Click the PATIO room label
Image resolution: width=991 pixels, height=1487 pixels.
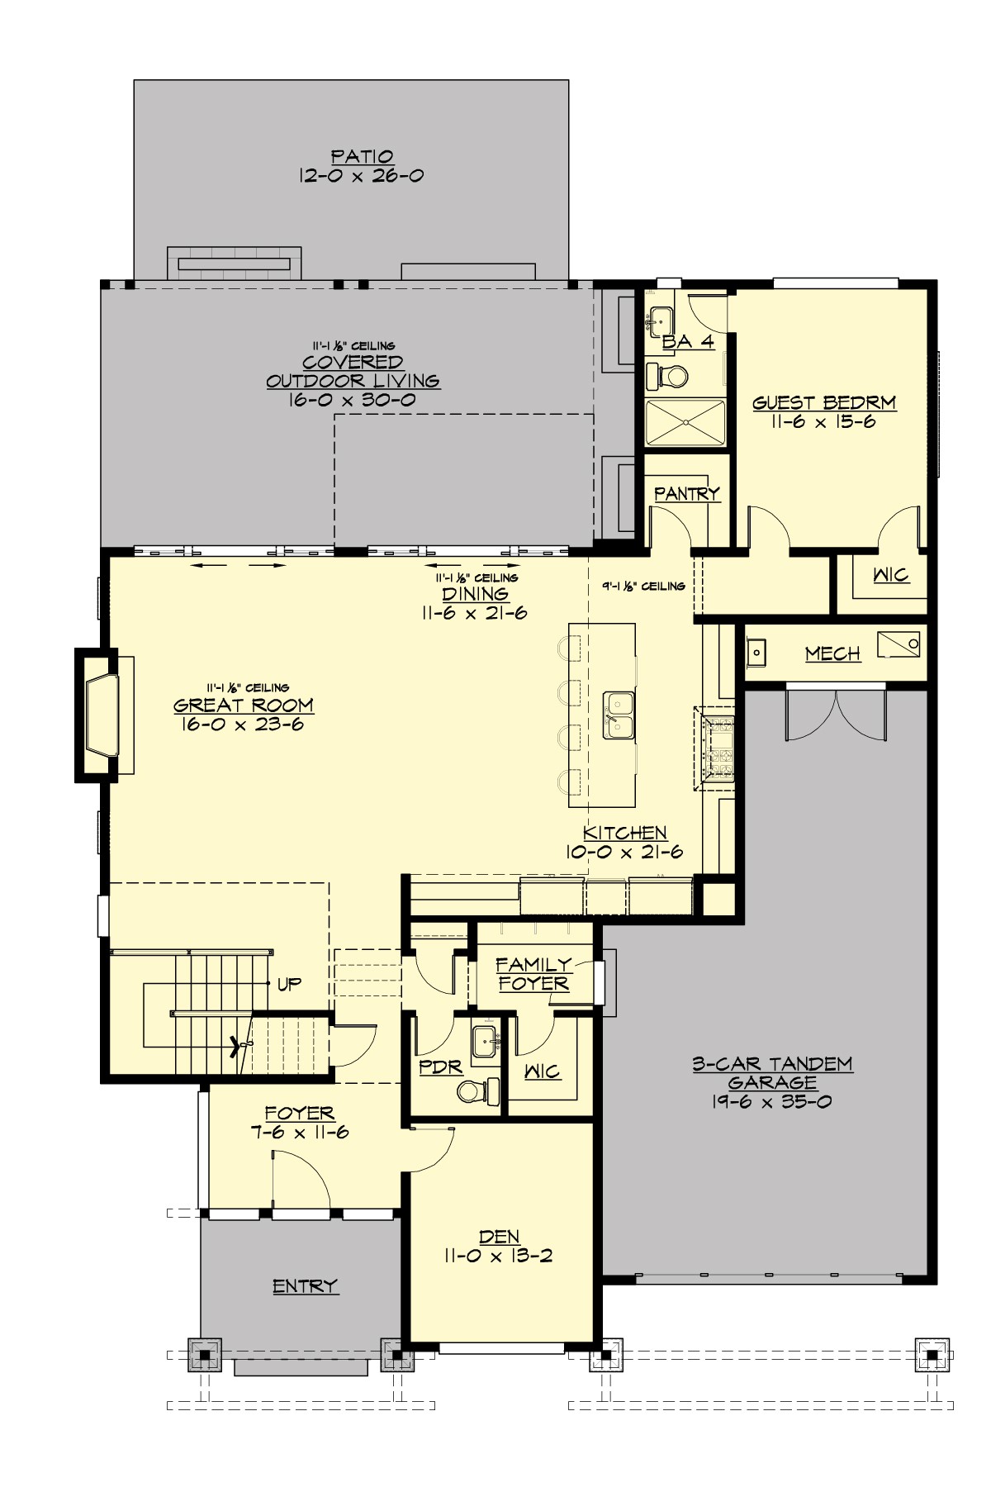pos(362,156)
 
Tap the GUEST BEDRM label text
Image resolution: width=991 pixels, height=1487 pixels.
pos(823,403)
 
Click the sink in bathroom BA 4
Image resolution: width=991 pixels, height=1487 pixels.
pos(661,318)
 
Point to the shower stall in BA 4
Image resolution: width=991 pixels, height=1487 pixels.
pos(685,422)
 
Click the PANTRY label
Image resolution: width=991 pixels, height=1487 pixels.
pos(686,493)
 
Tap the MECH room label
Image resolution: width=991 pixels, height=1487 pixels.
pos(832,653)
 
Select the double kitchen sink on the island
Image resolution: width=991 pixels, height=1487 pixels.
pos(619,715)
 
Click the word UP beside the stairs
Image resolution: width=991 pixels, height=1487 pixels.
pos(289,984)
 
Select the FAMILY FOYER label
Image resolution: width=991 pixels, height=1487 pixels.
pos(533,974)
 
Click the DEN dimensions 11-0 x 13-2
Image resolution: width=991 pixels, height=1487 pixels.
pos(498,1257)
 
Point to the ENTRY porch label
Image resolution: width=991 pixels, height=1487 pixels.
pos(305,1285)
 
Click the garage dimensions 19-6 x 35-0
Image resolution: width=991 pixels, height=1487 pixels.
pos(771,1101)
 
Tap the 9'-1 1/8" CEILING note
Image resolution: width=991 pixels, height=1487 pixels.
pos(643,586)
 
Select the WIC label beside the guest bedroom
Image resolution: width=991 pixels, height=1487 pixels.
pos(890,574)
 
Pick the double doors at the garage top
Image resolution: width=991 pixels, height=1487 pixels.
pos(836,714)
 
